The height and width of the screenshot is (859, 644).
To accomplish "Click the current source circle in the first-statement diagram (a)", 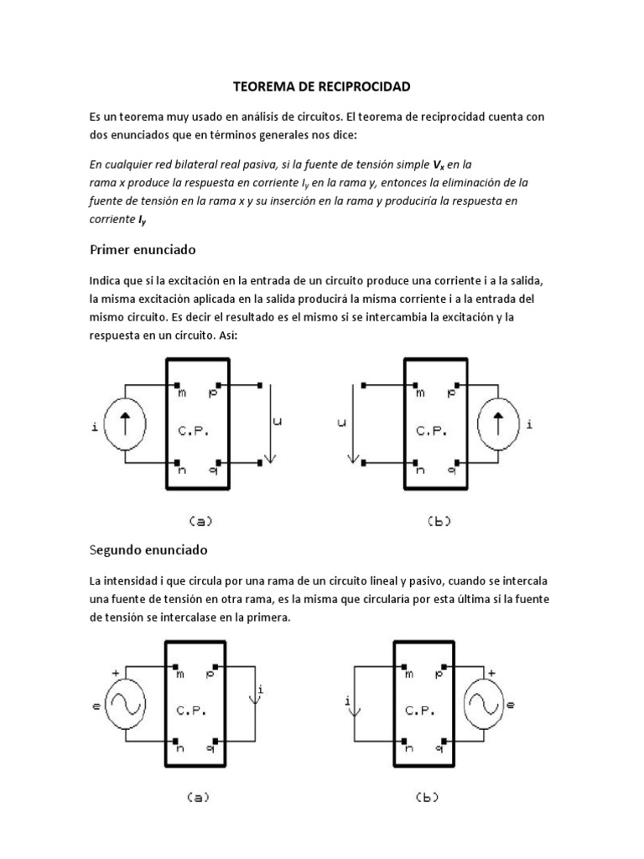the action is click(126, 424).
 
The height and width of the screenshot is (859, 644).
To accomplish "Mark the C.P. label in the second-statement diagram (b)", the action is click(419, 710).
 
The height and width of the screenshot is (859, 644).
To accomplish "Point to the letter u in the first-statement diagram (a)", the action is click(278, 423).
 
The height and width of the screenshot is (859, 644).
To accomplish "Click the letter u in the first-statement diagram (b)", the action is click(341, 424).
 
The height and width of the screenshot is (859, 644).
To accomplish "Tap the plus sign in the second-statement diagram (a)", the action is click(115, 673).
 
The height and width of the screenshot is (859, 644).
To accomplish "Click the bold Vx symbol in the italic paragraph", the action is click(437, 164).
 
